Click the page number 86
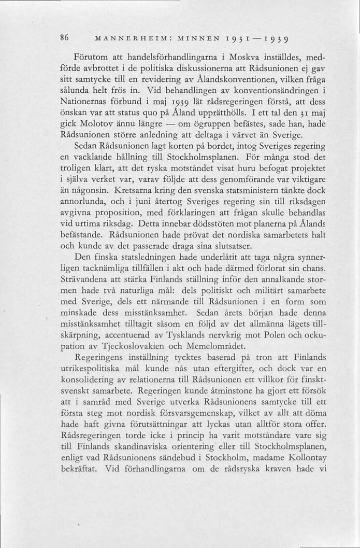[x=65, y=38]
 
